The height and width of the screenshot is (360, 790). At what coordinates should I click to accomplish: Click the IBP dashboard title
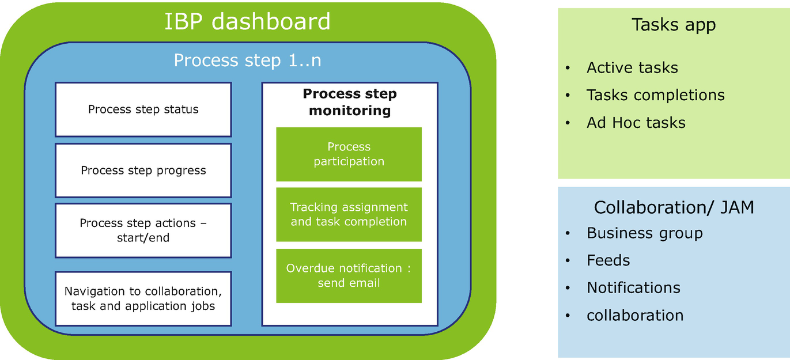tap(247, 22)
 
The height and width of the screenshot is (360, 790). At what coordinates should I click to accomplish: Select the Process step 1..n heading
tap(247, 60)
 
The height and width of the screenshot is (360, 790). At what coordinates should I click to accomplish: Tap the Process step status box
tap(143, 109)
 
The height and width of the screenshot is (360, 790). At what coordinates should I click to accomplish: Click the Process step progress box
tap(143, 170)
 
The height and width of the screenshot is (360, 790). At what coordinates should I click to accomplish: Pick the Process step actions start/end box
tap(143, 230)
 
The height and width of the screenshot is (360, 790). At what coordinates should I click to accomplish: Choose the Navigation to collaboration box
tap(143, 298)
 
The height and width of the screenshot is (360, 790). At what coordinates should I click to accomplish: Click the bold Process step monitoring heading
tap(349, 102)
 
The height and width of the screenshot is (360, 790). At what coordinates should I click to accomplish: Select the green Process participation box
tap(349, 154)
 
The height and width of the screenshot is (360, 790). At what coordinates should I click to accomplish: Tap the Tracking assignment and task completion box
tap(349, 214)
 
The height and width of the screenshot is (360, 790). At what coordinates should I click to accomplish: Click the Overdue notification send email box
tap(349, 275)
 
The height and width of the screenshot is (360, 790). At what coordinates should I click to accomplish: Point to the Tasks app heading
tap(673, 25)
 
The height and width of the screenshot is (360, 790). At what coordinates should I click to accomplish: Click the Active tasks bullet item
tap(632, 68)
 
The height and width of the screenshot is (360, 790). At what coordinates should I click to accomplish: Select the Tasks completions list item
tap(655, 95)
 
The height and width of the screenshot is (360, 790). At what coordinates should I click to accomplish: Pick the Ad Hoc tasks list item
tap(636, 123)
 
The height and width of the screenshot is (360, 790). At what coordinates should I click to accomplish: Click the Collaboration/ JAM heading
tap(674, 207)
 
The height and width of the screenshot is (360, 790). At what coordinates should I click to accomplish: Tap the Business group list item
tap(644, 233)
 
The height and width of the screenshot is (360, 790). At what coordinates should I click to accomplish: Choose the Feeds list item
tap(608, 260)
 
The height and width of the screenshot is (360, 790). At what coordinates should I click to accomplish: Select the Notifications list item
tap(633, 287)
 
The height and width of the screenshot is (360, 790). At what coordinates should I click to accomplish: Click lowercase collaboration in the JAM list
tap(635, 315)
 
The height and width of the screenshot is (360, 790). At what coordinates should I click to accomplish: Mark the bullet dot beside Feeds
tap(568, 261)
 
